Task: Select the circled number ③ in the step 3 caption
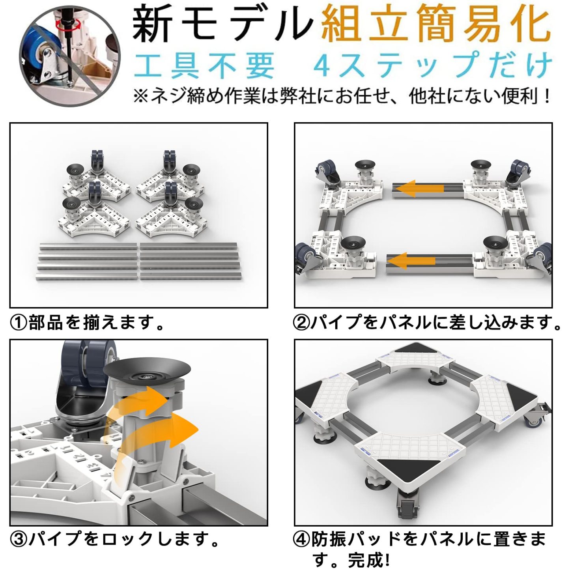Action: (18, 539)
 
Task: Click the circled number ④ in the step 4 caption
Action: (301, 539)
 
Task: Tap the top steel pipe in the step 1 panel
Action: (138, 246)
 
